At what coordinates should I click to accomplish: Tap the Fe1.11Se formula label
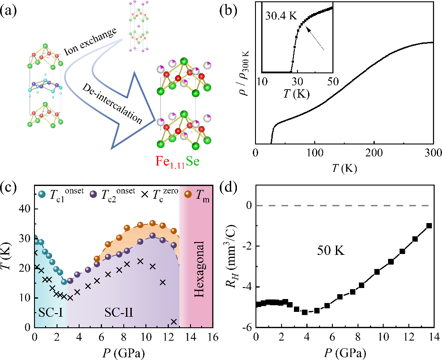[177, 162]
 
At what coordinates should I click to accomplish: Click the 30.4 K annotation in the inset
[281, 16]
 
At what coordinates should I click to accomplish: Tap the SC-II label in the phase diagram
[119, 313]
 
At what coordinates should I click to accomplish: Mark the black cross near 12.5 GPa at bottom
[174, 321]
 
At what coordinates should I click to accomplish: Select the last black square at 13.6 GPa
[429, 226]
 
